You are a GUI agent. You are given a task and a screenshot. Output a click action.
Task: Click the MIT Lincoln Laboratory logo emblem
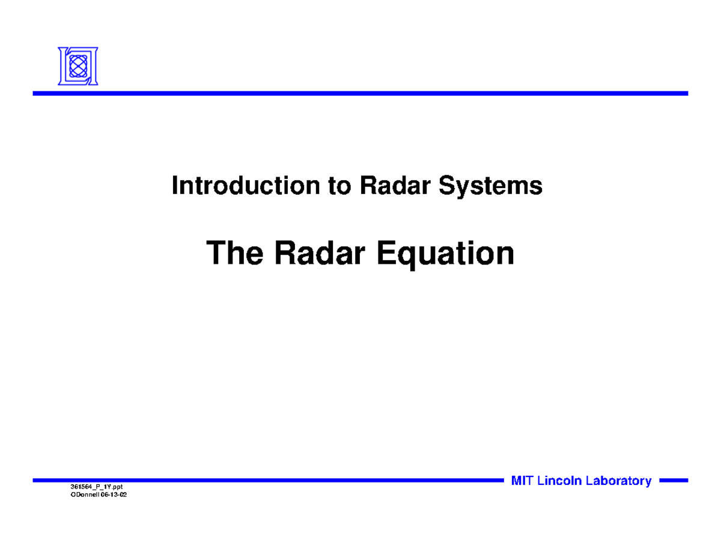click(78, 66)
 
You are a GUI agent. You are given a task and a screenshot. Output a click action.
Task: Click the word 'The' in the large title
click(234, 254)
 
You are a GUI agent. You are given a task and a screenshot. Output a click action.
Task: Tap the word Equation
click(445, 254)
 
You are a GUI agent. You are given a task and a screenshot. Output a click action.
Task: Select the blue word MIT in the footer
click(522, 481)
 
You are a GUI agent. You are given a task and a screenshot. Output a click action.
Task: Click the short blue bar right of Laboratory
click(673, 481)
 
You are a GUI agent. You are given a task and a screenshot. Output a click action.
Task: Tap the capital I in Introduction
click(175, 186)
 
